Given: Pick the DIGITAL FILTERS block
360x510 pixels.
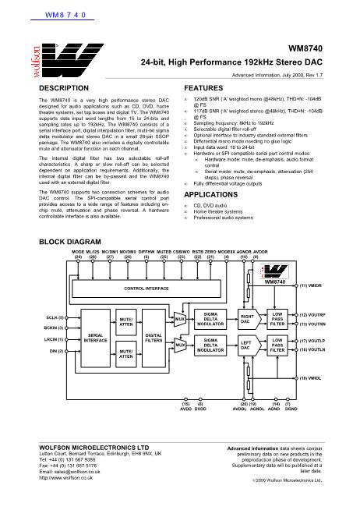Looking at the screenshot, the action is [154, 338].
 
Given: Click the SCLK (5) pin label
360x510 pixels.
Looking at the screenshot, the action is [55, 318].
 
